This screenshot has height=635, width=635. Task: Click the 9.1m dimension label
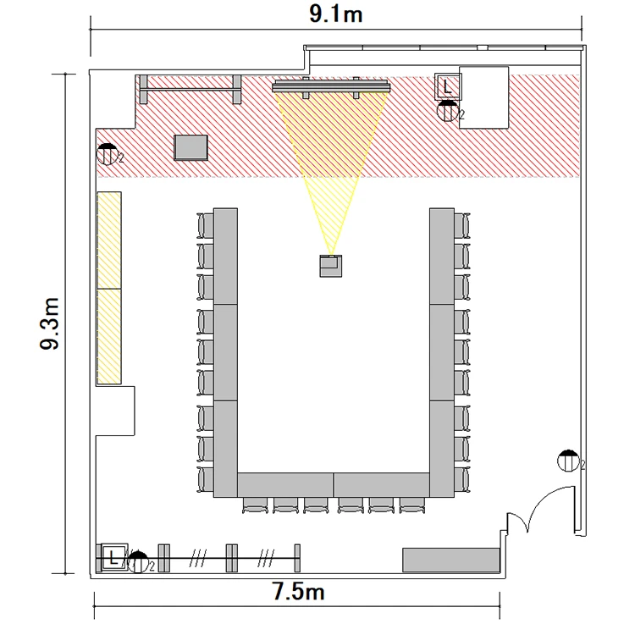pyautogui.click(x=336, y=14)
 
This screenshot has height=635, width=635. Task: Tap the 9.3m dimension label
pyautogui.click(x=50, y=323)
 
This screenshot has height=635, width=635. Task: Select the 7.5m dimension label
pyautogui.click(x=298, y=592)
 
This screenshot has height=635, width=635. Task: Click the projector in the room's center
pyautogui.click(x=331, y=266)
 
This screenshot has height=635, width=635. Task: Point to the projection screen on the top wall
pyautogui.click(x=331, y=86)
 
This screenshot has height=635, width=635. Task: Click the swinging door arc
pyautogui.click(x=544, y=502)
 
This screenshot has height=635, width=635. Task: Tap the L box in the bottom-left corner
pyautogui.click(x=113, y=558)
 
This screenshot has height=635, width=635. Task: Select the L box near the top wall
pyautogui.click(x=447, y=86)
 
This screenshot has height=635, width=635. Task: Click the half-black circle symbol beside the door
pyautogui.click(x=568, y=461)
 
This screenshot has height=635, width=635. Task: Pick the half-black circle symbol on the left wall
pyautogui.click(x=108, y=154)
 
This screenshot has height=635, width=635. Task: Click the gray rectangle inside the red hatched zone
pyautogui.click(x=190, y=148)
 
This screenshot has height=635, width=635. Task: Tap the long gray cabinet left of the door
pyautogui.click(x=450, y=560)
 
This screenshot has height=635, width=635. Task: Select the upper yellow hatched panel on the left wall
pyautogui.click(x=109, y=240)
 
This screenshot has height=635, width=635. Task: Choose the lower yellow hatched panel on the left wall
pyautogui.click(x=109, y=336)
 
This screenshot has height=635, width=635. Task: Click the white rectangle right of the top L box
pyautogui.click(x=483, y=97)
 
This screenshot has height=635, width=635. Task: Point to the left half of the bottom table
pyautogui.click(x=285, y=485)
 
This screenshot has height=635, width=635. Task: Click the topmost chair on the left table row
pyautogui.click(x=206, y=225)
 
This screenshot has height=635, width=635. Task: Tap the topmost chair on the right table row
pyautogui.click(x=462, y=225)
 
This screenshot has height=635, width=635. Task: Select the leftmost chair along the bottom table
pyautogui.click(x=255, y=505)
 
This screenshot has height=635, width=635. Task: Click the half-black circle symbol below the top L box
pyautogui.click(x=448, y=111)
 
